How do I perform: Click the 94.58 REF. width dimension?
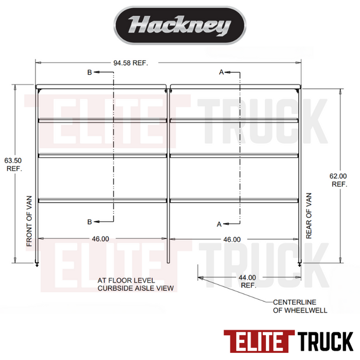pyautogui.click(x=131, y=63)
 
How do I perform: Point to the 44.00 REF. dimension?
pyautogui.click(x=248, y=281)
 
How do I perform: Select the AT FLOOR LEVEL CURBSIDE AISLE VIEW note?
pyautogui.click(x=136, y=284)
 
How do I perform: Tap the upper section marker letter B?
pyautogui.click(x=89, y=73)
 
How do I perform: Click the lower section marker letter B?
pyautogui.click(x=89, y=222)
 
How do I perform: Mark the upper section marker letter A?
pyautogui.click(x=221, y=73)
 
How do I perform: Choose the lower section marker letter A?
pyautogui.click(x=220, y=224)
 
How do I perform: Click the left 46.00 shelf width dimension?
pyautogui.click(x=100, y=239)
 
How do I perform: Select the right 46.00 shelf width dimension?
pyautogui.click(x=231, y=239)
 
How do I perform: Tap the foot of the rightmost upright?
pyautogui.click(x=299, y=263)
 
